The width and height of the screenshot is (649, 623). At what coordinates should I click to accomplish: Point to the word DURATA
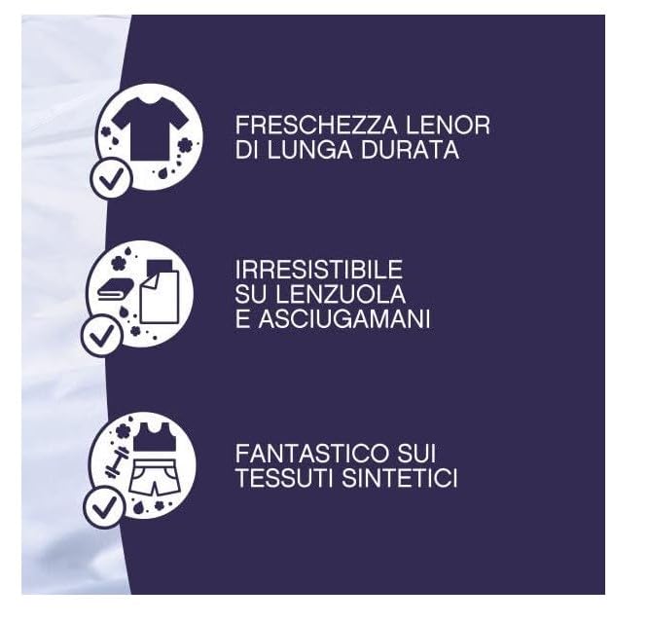413,152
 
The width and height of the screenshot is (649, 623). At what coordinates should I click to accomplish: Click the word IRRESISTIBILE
318,270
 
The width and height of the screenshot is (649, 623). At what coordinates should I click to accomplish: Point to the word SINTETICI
400,479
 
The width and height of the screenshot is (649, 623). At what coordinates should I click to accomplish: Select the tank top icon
153,438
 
